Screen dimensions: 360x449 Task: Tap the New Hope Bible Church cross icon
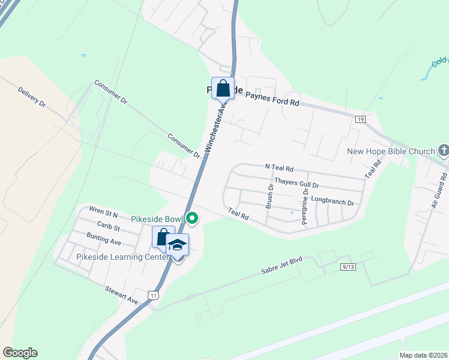[444, 150]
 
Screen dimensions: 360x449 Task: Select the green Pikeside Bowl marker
[191, 218]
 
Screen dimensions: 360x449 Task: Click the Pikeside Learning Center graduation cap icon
[178, 245]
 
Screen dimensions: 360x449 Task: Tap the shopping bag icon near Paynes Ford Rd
[223, 88]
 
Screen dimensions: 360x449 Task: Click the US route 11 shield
[154, 295]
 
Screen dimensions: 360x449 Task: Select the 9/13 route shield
[347, 266]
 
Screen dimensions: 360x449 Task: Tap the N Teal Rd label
[279, 169]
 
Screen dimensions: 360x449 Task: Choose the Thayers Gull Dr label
[296, 181]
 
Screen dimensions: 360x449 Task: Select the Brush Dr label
[270, 196]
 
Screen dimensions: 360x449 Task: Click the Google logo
[20, 353]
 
